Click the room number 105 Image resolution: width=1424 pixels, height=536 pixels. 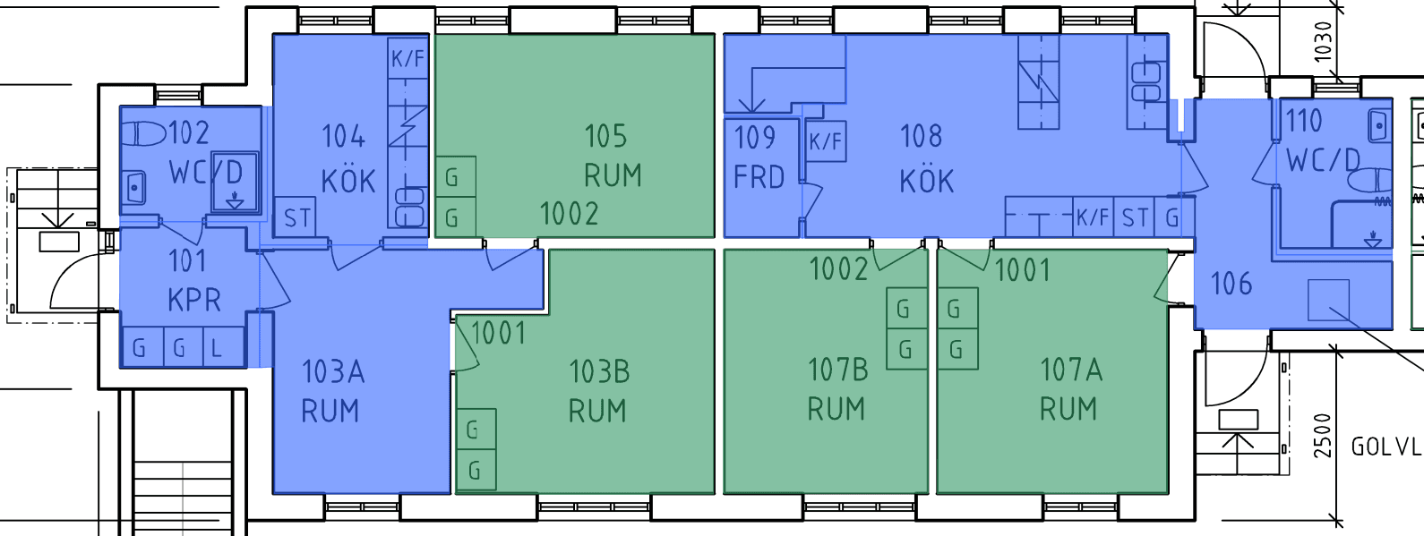(x=605, y=136)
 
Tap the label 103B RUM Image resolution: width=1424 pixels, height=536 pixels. (x=598, y=390)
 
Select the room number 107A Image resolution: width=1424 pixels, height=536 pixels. (x=1070, y=370)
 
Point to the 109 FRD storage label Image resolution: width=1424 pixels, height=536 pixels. (x=759, y=157)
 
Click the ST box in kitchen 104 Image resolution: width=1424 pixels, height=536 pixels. (x=296, y=217)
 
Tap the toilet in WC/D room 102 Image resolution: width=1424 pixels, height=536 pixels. (x=143, y=134)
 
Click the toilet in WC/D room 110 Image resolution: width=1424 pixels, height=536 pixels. (x=1370, y=182)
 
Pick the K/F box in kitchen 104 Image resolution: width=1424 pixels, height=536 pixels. (x=407, y=58)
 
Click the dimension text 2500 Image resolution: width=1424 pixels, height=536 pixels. (x=1322, y=436)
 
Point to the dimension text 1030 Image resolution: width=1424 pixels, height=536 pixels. (x=1323, y=42)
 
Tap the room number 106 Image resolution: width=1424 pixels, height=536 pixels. (x=1231, y=284)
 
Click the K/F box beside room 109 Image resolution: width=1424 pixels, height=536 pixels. (x=826, y=141)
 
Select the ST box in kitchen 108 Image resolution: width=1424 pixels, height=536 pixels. (x=1134, y=217)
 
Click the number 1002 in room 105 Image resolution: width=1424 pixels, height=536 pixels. (x=569, y=214)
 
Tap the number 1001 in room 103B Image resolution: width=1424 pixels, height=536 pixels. (x=498, y=334)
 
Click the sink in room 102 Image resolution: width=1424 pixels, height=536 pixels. (x=134, y=187)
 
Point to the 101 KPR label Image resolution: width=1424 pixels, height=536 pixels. (x=193, y=280)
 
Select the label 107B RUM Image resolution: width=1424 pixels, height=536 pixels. (x=837, y=389)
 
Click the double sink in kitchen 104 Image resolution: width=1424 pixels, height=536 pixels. (x=409, y=207)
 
